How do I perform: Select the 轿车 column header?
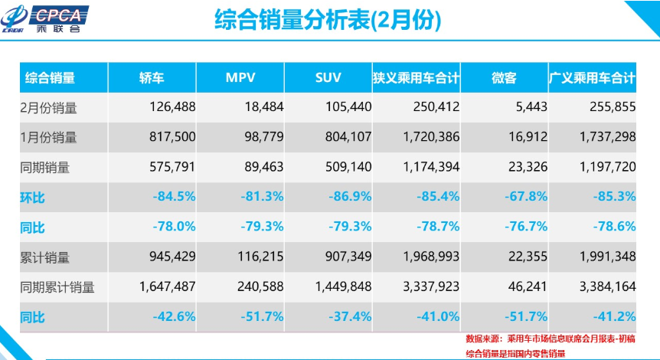152,77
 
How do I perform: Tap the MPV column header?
240,77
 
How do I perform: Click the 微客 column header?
504,77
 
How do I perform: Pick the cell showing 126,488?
172,108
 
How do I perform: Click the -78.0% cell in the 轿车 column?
173,227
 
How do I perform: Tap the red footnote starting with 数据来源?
552,339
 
